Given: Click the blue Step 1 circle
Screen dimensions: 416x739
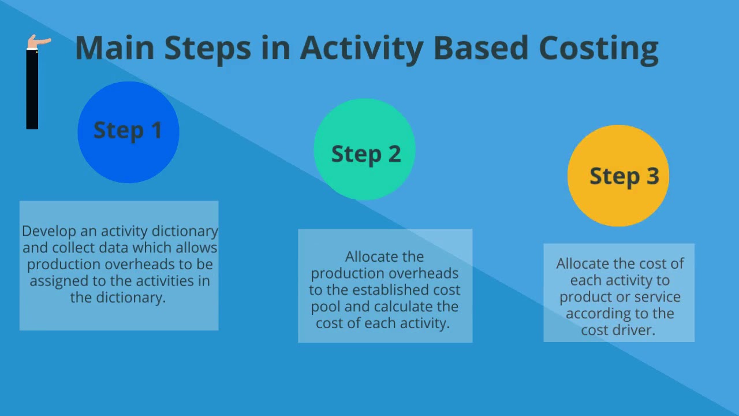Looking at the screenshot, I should pos(128,132).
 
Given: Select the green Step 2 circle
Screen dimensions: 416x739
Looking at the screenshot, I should pos(364,149).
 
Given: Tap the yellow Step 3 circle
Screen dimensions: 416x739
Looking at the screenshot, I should pos(618,176).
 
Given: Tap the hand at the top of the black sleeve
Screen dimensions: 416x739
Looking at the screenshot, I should pos(38,42).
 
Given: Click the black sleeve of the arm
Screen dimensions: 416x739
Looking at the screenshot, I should pos(32,90).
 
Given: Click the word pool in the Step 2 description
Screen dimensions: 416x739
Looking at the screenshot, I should pos(326,306).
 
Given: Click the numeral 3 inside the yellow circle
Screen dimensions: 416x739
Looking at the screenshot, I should pos(652,176).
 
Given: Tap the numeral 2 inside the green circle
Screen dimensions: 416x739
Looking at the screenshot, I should pos(394,154).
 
